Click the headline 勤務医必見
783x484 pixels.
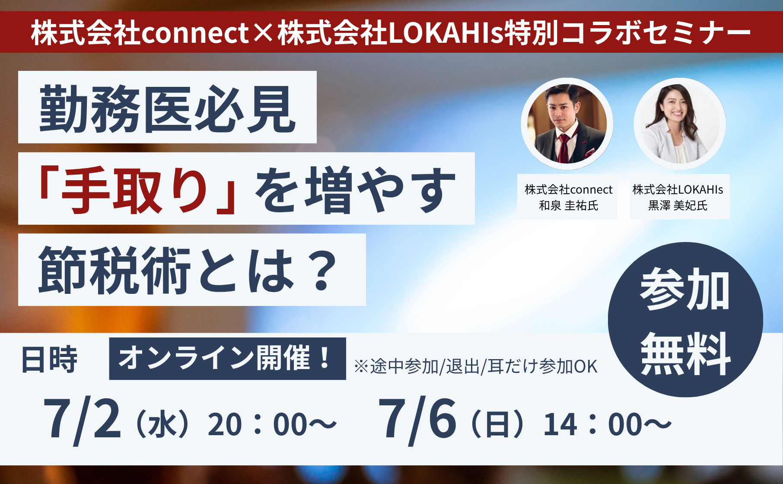click(168, 108)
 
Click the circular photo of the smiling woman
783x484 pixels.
click(680, 124)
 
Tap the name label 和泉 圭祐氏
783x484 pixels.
click(568, 206)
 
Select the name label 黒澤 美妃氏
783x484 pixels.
click(678, 206)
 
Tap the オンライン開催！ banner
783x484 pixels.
click(227, 358)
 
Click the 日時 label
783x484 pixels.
click(49, 360)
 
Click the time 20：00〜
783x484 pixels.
click(272, 424)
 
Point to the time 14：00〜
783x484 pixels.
click(608, 424)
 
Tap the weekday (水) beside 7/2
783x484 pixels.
click(162, 424)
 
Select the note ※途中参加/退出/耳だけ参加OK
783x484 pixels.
click(476, 366)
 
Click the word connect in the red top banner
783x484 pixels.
click(195, 33)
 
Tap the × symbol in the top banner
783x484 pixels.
click(264, 33)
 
